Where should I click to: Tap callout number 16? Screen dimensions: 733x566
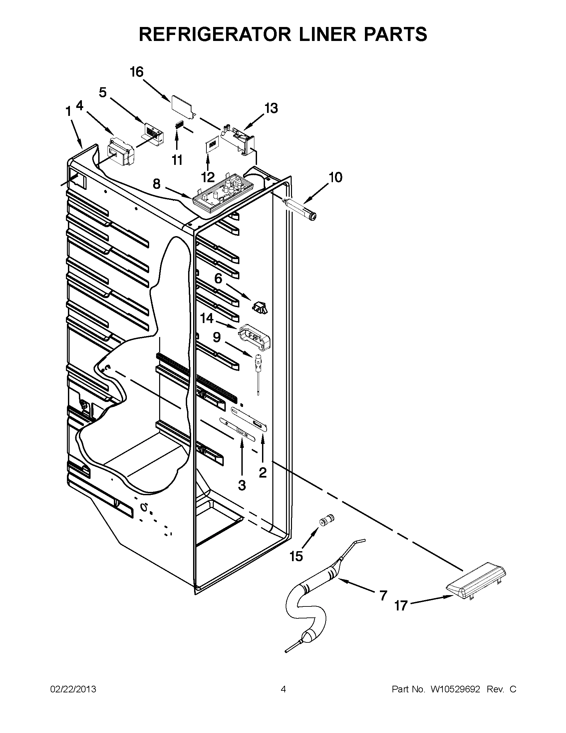[x=137, y=72]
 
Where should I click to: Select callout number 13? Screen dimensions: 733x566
[x=271, y=109]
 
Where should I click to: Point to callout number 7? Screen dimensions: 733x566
[x=383, y=595]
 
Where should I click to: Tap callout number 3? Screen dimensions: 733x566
[x=242, y=485]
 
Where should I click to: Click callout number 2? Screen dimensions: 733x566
[x=263, y=472]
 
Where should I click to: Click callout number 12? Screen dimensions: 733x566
[x=208, y=177]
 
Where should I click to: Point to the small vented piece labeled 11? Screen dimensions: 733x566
[x=179, y=125]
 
